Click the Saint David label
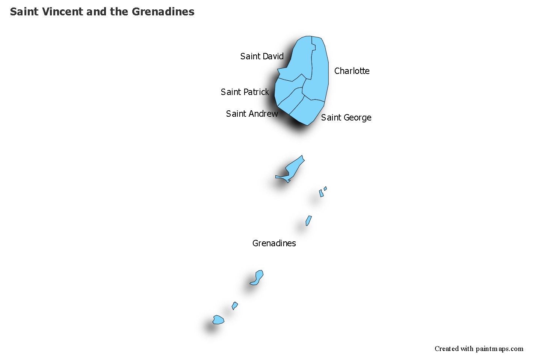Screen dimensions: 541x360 pyautogui.click(x=262, y=56)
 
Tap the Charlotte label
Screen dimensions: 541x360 pyautogui.click(x=352, y=71)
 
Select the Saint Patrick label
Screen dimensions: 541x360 pyautogui.click(x=245, y=92)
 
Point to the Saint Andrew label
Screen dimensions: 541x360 pyautogui.click(x=252, y=114)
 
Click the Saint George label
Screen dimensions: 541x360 pyautogui.click(x=346, y=117)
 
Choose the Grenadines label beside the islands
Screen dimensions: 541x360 pyautogui.click(x=274, y=243)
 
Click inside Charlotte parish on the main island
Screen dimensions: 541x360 pyautogui.click(x=319, y=72)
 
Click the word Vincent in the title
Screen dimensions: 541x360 pyautogui.click(x=62, y=12)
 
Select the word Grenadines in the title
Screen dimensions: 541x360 pyautogui.click(x=163, y=12)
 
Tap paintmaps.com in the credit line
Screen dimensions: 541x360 pyautogui.click(x=499, y=349)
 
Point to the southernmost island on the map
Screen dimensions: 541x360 pyautogui.click(x=218, y=320)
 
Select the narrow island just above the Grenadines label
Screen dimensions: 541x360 pyautogui.click(x=308, y=220)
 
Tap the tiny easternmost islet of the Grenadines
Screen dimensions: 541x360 pyautogui.click(x=325, y=188)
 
